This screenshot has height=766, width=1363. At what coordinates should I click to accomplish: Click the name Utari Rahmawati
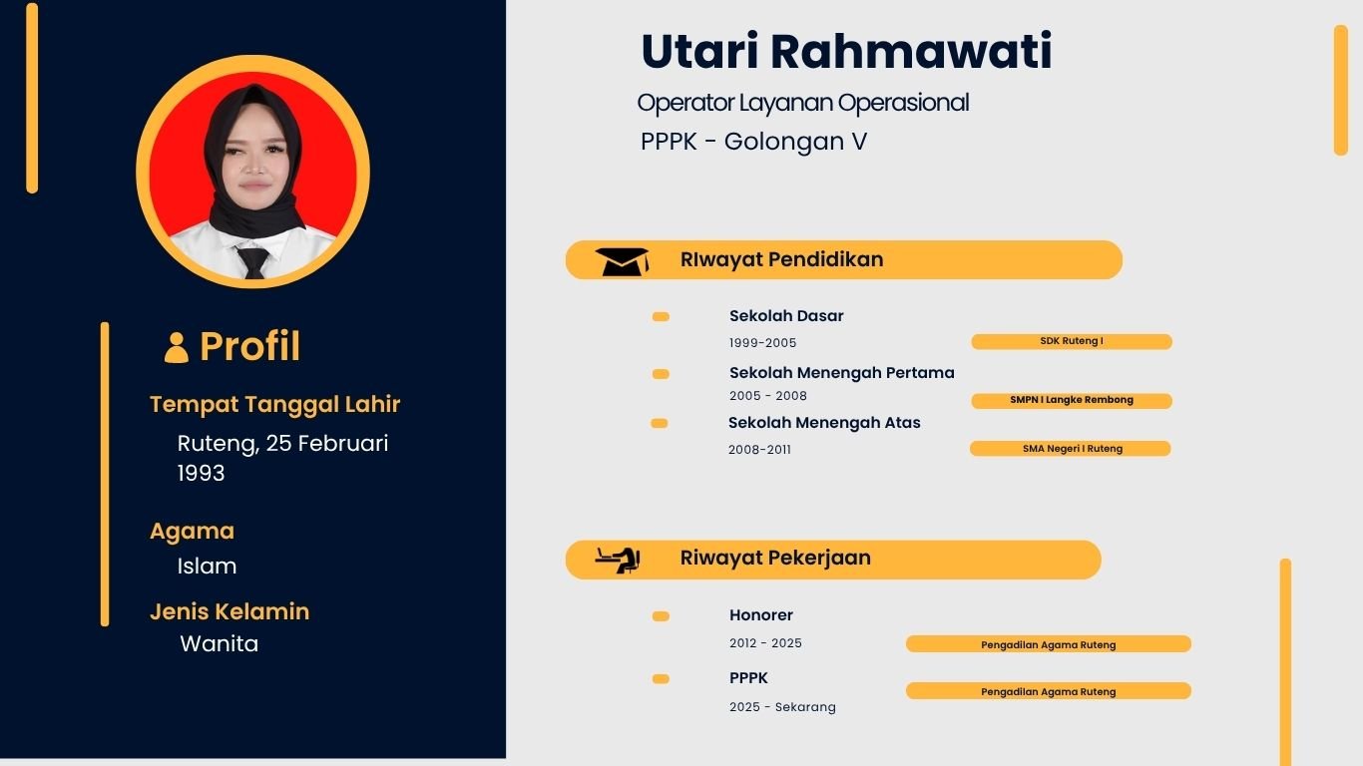pos(846,52)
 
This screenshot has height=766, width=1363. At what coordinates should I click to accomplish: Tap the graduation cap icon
pos(622,261)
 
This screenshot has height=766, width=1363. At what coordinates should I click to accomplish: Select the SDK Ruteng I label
pos(1071,341)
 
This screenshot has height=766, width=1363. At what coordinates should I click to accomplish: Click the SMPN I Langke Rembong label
pos(1071,400)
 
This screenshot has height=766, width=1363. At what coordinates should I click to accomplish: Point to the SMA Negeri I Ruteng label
pos(1071,449)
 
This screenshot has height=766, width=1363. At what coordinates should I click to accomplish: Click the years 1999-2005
pos(762,343)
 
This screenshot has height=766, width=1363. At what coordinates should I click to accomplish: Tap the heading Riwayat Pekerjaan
pos(775,559)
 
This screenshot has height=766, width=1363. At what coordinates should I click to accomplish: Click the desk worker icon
pos(618,560)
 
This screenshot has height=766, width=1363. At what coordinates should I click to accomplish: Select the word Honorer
pos(760,615)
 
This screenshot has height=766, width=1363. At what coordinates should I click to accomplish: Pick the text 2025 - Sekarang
pos(782,707)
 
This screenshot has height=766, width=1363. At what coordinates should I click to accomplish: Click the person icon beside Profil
pos(177,347)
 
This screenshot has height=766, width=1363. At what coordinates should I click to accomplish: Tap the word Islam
pos(207,567)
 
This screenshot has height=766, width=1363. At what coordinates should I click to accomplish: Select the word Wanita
pos(219,644)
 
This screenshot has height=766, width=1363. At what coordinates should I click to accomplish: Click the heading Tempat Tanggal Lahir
pos(274,405)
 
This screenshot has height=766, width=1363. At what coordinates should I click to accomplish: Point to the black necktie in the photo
pos(253,262)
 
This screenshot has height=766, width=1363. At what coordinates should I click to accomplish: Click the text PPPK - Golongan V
pos(753,142)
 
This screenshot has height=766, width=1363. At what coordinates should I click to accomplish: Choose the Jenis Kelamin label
pos(229,611)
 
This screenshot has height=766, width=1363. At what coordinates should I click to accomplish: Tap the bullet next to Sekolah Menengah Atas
pos(659,423)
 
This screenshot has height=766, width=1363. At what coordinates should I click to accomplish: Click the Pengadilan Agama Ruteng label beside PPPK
pos(1048,691)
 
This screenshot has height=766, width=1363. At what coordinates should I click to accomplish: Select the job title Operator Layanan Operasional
pos(802,103)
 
